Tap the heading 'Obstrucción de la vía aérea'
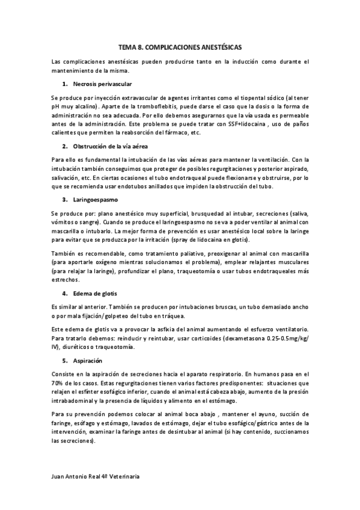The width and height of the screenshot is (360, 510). point(110,146)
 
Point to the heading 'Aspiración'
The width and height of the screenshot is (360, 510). point(88,360)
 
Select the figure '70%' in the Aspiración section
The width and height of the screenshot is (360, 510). point(58,382)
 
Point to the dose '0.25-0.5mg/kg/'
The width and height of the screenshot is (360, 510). point(285,339)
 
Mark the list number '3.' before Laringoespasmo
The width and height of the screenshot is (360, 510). point(65,198)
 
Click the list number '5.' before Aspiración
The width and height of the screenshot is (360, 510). point(65,360)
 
